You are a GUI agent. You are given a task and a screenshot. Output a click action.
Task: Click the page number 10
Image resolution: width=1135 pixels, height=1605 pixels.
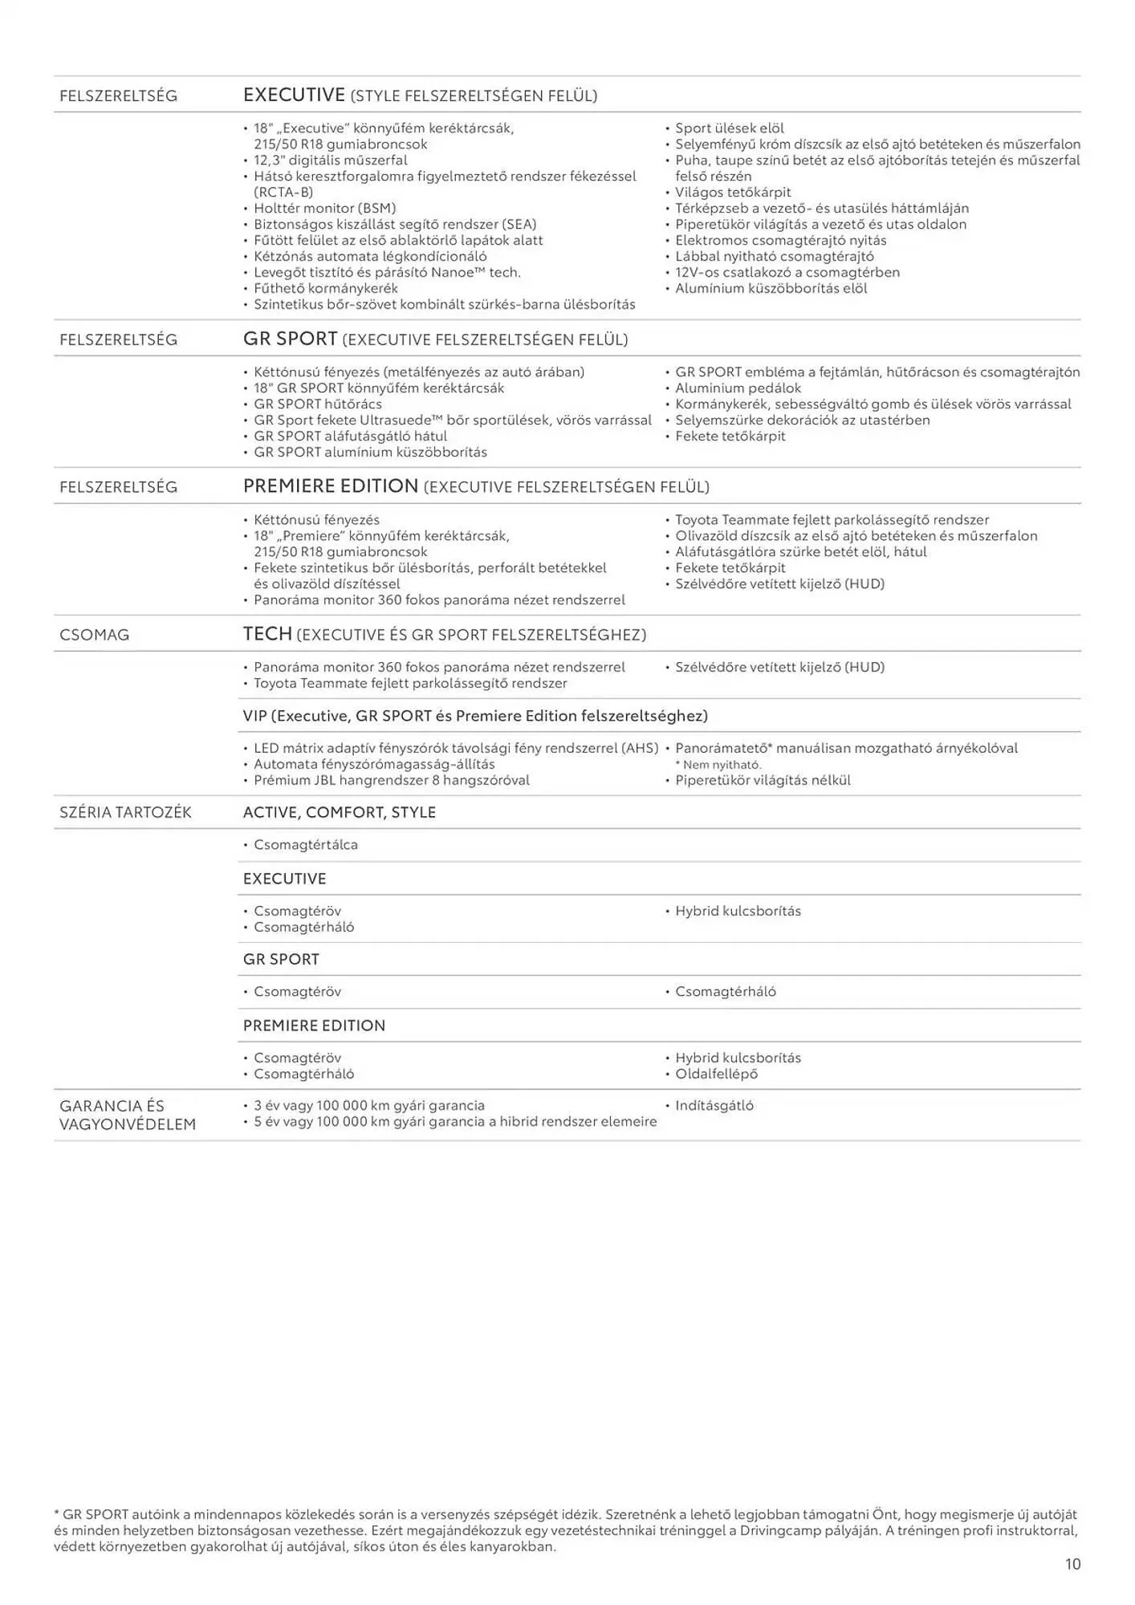(x=1072, y=1563)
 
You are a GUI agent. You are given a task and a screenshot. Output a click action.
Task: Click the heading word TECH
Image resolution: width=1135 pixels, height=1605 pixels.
(x=267, y=634)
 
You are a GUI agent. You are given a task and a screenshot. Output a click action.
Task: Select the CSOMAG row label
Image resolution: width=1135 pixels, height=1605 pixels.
(x=94, y=635)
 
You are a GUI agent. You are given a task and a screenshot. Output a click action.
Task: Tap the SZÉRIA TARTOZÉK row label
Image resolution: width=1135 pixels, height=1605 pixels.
(x=125, y=812)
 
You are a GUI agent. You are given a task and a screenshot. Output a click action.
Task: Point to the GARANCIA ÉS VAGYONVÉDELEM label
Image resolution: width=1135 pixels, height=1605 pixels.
(x=127, y=1115)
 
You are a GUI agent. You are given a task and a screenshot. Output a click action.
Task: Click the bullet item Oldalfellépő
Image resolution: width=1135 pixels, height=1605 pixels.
(x=716, y=1074)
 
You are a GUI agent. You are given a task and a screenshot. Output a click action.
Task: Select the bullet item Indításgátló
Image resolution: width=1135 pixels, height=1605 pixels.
(x=714, y=1105)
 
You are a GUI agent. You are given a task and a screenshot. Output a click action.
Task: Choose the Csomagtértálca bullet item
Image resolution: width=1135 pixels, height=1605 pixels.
(x=305, y=844)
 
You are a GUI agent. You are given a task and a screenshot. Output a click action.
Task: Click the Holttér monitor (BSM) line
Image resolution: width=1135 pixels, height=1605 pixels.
(x=324, y=208)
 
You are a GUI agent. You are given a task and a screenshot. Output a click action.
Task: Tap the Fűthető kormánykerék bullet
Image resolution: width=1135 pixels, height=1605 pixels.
(x=325, y=288)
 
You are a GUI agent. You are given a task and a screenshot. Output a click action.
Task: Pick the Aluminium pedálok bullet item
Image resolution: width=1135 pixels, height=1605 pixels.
(x=738, y=388)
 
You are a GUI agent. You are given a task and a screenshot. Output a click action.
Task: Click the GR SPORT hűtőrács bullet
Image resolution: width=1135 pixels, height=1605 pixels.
(x=317, y=404)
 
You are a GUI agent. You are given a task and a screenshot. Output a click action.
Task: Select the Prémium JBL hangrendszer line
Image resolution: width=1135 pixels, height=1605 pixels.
(x=391, y=780)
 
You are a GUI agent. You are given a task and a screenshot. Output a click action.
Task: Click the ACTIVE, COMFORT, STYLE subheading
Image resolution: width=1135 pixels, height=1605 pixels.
(x=339, y=812)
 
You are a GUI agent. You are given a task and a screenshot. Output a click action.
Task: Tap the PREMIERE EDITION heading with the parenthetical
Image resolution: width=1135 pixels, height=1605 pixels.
(x=475, y=486)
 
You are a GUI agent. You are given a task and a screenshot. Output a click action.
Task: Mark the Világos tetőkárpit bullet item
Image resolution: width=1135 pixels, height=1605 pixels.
(x=732, y=192)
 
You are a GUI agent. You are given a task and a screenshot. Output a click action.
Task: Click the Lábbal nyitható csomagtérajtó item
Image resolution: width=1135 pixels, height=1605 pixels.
(x=774, y=256)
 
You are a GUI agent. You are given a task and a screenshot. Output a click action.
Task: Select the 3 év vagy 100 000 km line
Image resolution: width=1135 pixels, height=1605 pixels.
(x=368, y=1105)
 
